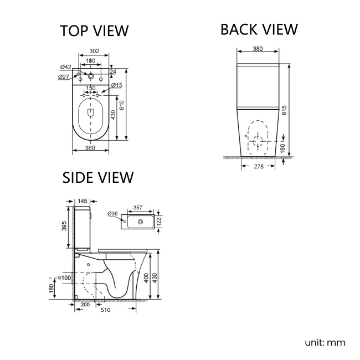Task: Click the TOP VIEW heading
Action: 94,31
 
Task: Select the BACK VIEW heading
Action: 259,29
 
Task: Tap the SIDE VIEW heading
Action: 97,177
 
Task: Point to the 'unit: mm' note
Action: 325,342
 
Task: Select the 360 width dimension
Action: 90,148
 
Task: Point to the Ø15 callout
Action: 116,85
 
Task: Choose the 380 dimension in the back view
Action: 258,49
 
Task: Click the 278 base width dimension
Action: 258,167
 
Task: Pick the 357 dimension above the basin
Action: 138,208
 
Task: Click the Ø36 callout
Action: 113,214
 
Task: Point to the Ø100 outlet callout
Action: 65,277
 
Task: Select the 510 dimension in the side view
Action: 106,310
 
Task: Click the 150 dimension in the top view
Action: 91,88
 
